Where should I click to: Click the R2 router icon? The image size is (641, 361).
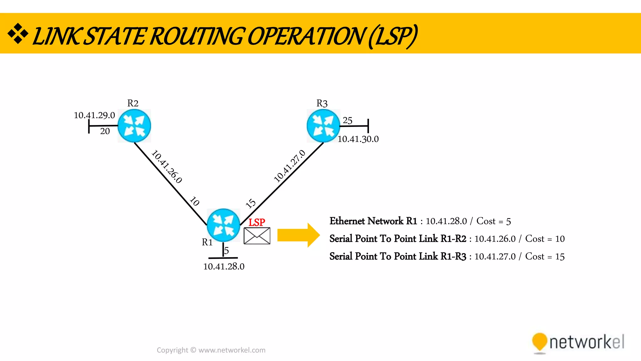[134, 126]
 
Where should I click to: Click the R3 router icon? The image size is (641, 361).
[323, 126]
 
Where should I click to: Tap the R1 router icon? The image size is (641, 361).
[223, 225]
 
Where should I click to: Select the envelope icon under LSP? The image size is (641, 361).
[257, 236]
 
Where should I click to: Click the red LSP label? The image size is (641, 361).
[257, 222]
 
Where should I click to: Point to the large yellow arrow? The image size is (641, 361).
[298, 235]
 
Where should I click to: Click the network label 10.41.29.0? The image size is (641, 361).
[94, 115]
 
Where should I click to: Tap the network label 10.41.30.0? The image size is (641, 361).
[358, 139]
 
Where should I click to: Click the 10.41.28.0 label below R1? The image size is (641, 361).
[224, 267]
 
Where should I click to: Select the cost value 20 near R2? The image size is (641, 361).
[105, 131]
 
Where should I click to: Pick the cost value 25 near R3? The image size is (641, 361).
[347, 120]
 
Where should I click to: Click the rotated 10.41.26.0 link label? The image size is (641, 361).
[167, 166]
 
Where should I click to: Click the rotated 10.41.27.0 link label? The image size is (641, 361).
[290, 166]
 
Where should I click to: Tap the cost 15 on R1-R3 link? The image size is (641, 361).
[250, 203]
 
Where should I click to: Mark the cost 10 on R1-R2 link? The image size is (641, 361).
[195, 201]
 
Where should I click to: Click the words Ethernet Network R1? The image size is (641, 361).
[373, 221]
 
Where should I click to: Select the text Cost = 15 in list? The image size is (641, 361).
[545, 257]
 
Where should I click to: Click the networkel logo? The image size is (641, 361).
[578, 343]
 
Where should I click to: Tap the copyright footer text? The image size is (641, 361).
[211, 350]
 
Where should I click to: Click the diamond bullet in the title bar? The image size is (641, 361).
[18, 33]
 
